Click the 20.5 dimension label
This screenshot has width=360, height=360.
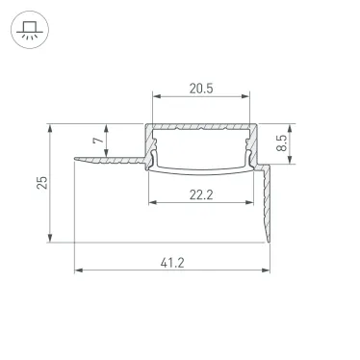tap(200, 88)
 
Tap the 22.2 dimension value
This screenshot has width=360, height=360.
tap(201, 194)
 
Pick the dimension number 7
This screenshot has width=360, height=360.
tap(95, 141)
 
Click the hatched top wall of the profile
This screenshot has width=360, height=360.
tap(200, 126)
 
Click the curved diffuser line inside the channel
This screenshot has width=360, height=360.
tap(200, 171)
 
